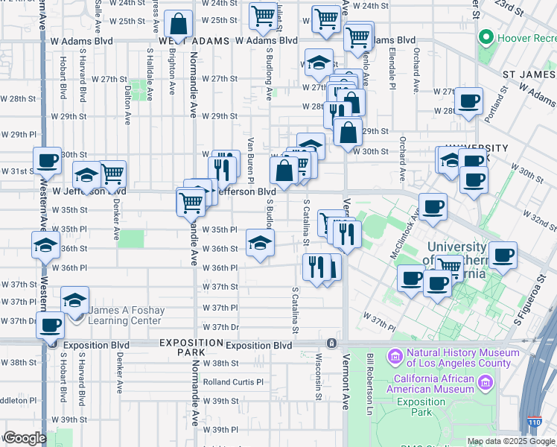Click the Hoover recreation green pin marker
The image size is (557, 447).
486,37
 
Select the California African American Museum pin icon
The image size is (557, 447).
486,383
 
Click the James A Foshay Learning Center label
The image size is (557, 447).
124,315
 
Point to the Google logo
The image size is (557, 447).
25,438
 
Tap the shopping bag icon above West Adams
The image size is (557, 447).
179,22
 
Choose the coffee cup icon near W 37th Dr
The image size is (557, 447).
51,324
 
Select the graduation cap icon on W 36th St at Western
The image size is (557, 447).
45,244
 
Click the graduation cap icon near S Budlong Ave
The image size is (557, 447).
259,242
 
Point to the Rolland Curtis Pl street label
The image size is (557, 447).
234,382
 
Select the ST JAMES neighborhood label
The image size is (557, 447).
529,74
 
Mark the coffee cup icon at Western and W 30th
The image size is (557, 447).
47,159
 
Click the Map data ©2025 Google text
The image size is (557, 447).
512,441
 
